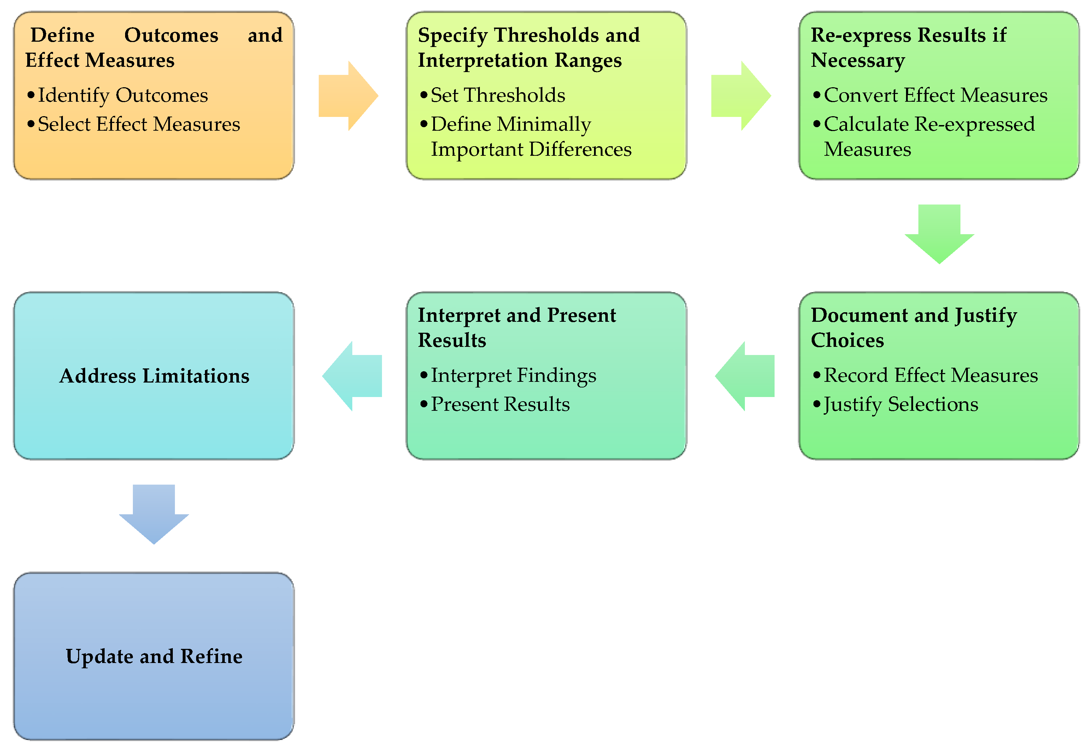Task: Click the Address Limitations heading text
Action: coord(154,376)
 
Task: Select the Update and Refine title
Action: coord(154,656)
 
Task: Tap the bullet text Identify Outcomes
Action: coord(123,95)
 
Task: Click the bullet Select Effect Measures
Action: coord(139,124)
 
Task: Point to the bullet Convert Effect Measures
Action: coord(935,95)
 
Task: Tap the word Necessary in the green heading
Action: coord(858,61)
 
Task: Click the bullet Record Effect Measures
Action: coord(930,375)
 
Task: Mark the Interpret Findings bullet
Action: coord(513,375)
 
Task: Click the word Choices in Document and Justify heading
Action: coord(847,340)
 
